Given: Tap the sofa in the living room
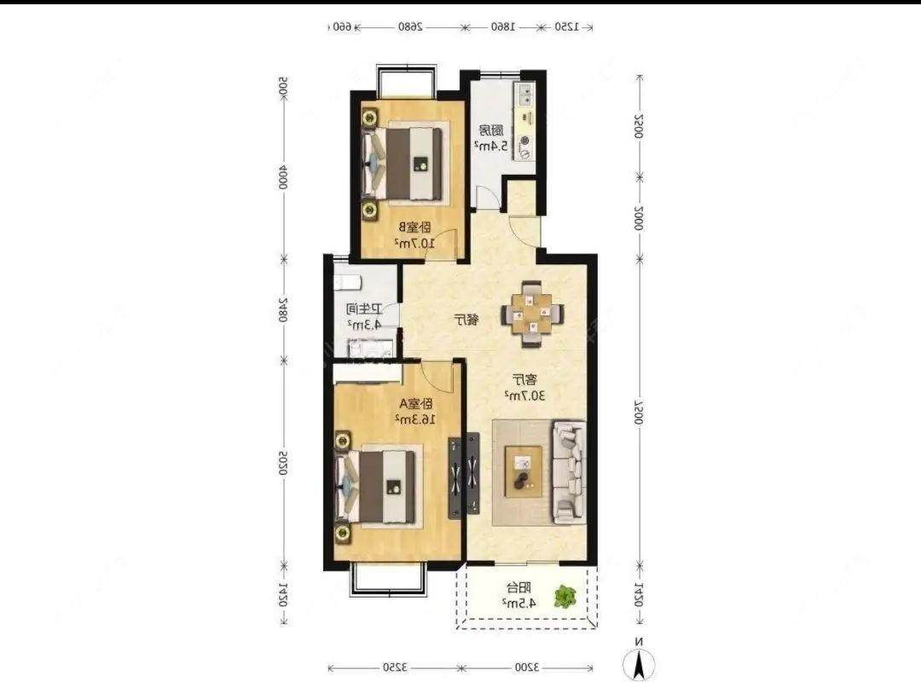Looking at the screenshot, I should tap(569, 471).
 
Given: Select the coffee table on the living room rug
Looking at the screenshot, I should tap(524, 471).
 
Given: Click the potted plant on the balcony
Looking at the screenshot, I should tap(565, 597).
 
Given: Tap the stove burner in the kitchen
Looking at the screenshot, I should tap(524, 142).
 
